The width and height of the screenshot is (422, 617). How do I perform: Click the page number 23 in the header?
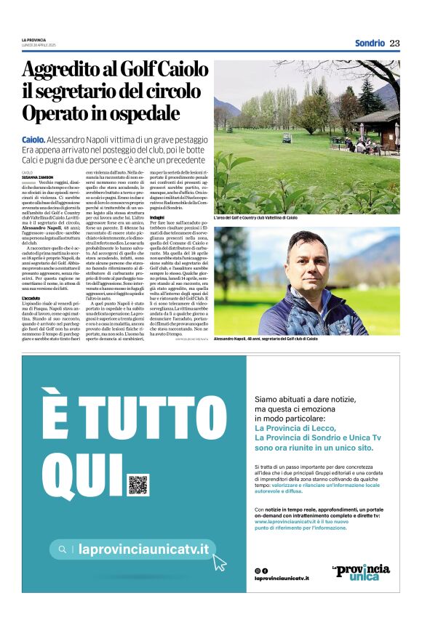395,43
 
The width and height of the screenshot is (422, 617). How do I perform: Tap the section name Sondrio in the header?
370,43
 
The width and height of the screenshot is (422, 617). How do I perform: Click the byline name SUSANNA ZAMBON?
38,177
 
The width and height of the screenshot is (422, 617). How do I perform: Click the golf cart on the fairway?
287,137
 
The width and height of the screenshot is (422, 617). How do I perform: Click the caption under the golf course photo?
255,218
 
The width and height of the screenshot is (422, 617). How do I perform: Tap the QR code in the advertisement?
138,484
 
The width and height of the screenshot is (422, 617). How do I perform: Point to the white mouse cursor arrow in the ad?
220,560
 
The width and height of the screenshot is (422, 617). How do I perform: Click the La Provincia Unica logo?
361,572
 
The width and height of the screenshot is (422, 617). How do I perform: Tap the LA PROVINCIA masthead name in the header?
33,39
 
